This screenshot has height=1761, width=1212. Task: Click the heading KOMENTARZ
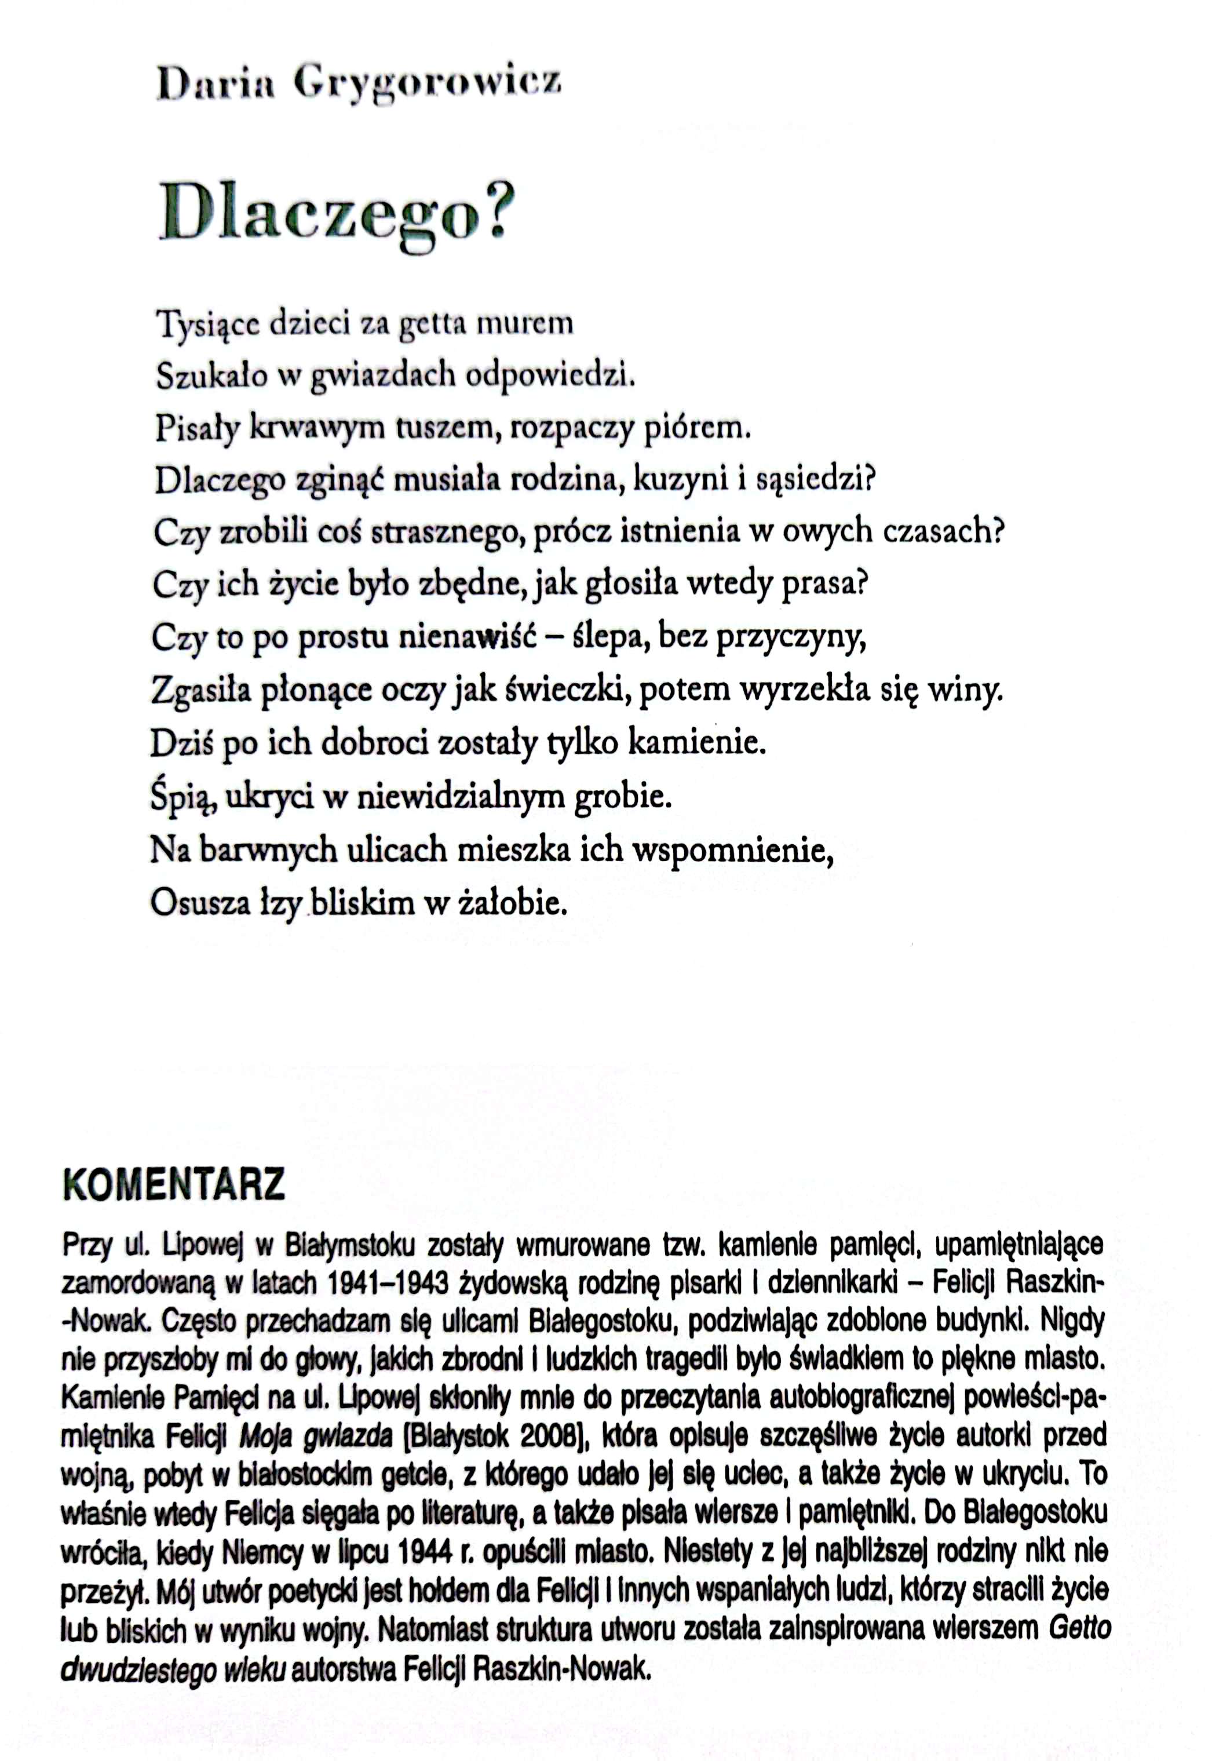coord(174,1184)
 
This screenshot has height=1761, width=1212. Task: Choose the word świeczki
coord(565,690)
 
